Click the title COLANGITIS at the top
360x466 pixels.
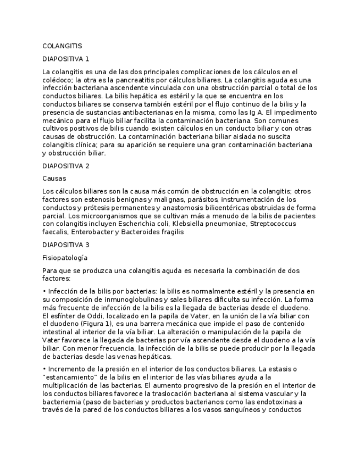pos(62,46)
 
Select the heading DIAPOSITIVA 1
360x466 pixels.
pos(65,58)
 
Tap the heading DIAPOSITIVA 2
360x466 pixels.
pos(65,166)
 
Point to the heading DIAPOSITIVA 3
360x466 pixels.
pos(65,245)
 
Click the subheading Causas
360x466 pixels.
pos(54,179)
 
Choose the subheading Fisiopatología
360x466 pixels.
pos(65,257)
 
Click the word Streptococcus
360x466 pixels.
pos(285,224)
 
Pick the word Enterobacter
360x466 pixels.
pos(91,232)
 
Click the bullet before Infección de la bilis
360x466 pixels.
pos(44,291)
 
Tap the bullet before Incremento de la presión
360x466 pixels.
pos(44,369)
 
